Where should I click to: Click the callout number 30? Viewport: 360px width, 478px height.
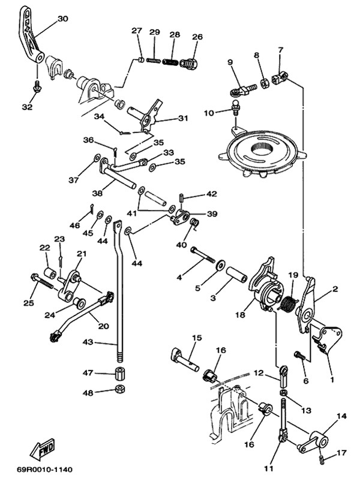pos(63,19)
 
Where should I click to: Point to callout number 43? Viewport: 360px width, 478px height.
pos(88,342)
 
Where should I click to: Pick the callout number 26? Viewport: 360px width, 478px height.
pos(197,37)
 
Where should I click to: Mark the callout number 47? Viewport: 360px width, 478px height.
pos(88,373)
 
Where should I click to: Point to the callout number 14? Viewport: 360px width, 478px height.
pos(341,416)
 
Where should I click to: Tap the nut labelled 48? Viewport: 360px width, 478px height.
pos(120,392)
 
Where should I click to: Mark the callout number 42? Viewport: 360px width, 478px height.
pos(211,194)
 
